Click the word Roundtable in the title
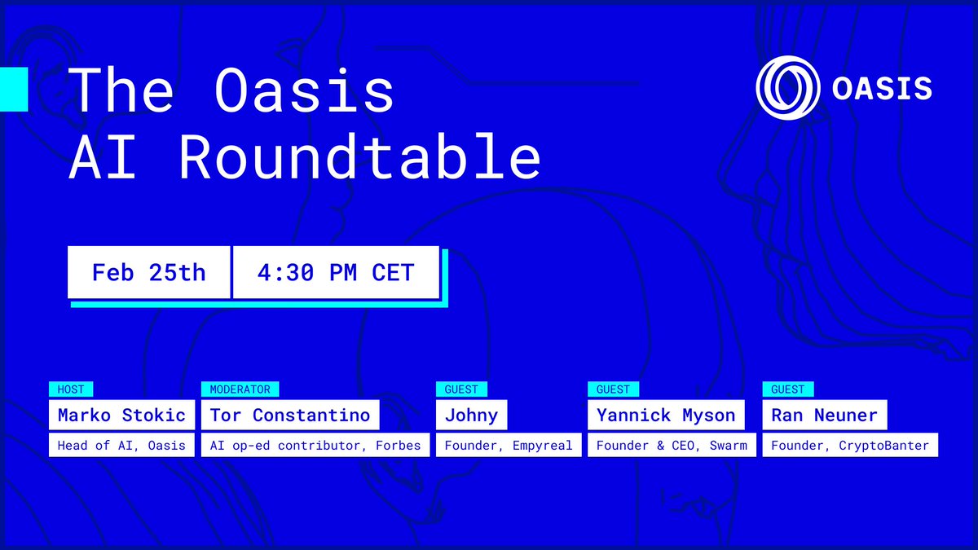pos(359,156)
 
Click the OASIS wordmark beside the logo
pos(882,88)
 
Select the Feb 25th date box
pos(149,272)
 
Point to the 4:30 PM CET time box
pos(336,272)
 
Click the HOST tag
pos(71,389)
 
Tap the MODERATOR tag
pos(240,389)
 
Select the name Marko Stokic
pos(121,415)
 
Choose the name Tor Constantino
pos(290,415)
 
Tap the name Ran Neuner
pos(824,415)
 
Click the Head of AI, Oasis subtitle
pos(121,445)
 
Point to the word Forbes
pos(399,445)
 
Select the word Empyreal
pos(542,446)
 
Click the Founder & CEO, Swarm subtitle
pos(672,445)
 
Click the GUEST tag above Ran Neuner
pos(788,389)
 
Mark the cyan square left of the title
pos(14,89)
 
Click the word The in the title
pos(121,90)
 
